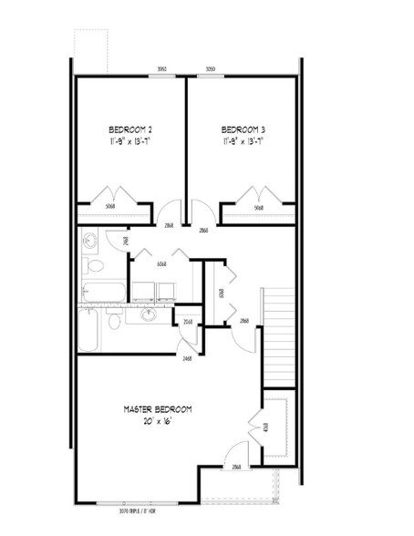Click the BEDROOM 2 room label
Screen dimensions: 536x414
click(130, 128)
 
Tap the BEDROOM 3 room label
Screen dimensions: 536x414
click(243, 128)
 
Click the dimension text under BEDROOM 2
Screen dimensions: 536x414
click(130, 141)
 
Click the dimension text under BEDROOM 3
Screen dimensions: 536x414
click(243, 141)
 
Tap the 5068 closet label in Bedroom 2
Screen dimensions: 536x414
click(109, 207)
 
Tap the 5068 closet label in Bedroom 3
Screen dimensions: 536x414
click(259, 207)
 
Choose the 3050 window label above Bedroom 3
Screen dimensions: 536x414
click(211, 68)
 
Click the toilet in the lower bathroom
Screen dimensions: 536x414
click(114, 322)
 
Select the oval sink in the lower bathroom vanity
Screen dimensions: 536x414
click(149, 315)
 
